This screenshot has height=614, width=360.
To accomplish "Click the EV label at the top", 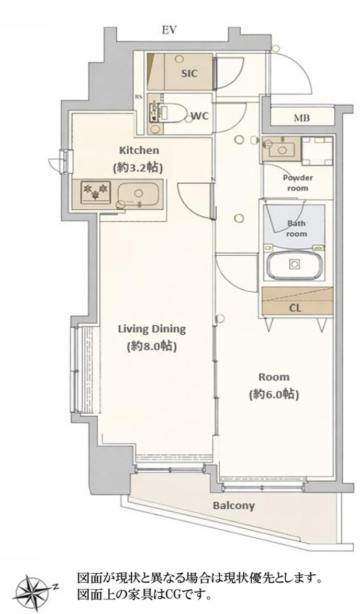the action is (x=170, y=30).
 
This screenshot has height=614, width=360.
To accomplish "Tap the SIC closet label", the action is (x=189, y=73).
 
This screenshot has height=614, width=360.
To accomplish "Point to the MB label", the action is (x=301, y=118).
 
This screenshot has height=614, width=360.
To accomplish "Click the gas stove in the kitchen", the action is (x=94, y=191).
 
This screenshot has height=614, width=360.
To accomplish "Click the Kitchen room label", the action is (x=139, y=151).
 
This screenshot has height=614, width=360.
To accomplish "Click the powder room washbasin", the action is (x=281, y=148).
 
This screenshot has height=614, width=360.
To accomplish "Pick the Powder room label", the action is (x=298, y=183).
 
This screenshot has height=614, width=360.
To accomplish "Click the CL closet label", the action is (x=296, y=308).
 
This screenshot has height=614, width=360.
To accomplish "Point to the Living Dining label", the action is (x=152, y=329).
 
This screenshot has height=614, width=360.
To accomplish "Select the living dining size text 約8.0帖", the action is (x=151, y=347).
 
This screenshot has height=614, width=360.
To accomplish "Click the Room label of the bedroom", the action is (x=274, y=377).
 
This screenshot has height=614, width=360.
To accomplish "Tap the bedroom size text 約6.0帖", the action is (x=274, y=395).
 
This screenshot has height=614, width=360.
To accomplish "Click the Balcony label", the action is (x=233, y=506).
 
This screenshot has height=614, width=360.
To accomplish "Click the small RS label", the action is (x=139, y=97).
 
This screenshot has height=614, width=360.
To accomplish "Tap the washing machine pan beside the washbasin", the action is (x=317, y=150).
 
